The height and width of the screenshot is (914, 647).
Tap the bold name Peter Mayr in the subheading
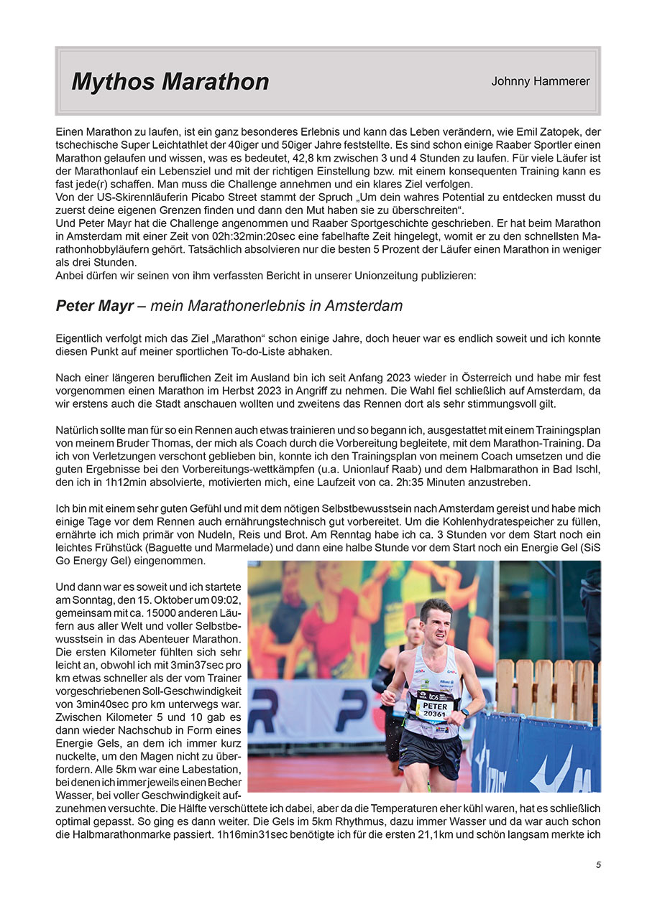94,306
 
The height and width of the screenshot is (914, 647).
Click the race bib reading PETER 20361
434,708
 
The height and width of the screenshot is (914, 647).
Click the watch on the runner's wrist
466,714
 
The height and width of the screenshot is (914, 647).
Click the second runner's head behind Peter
412,631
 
